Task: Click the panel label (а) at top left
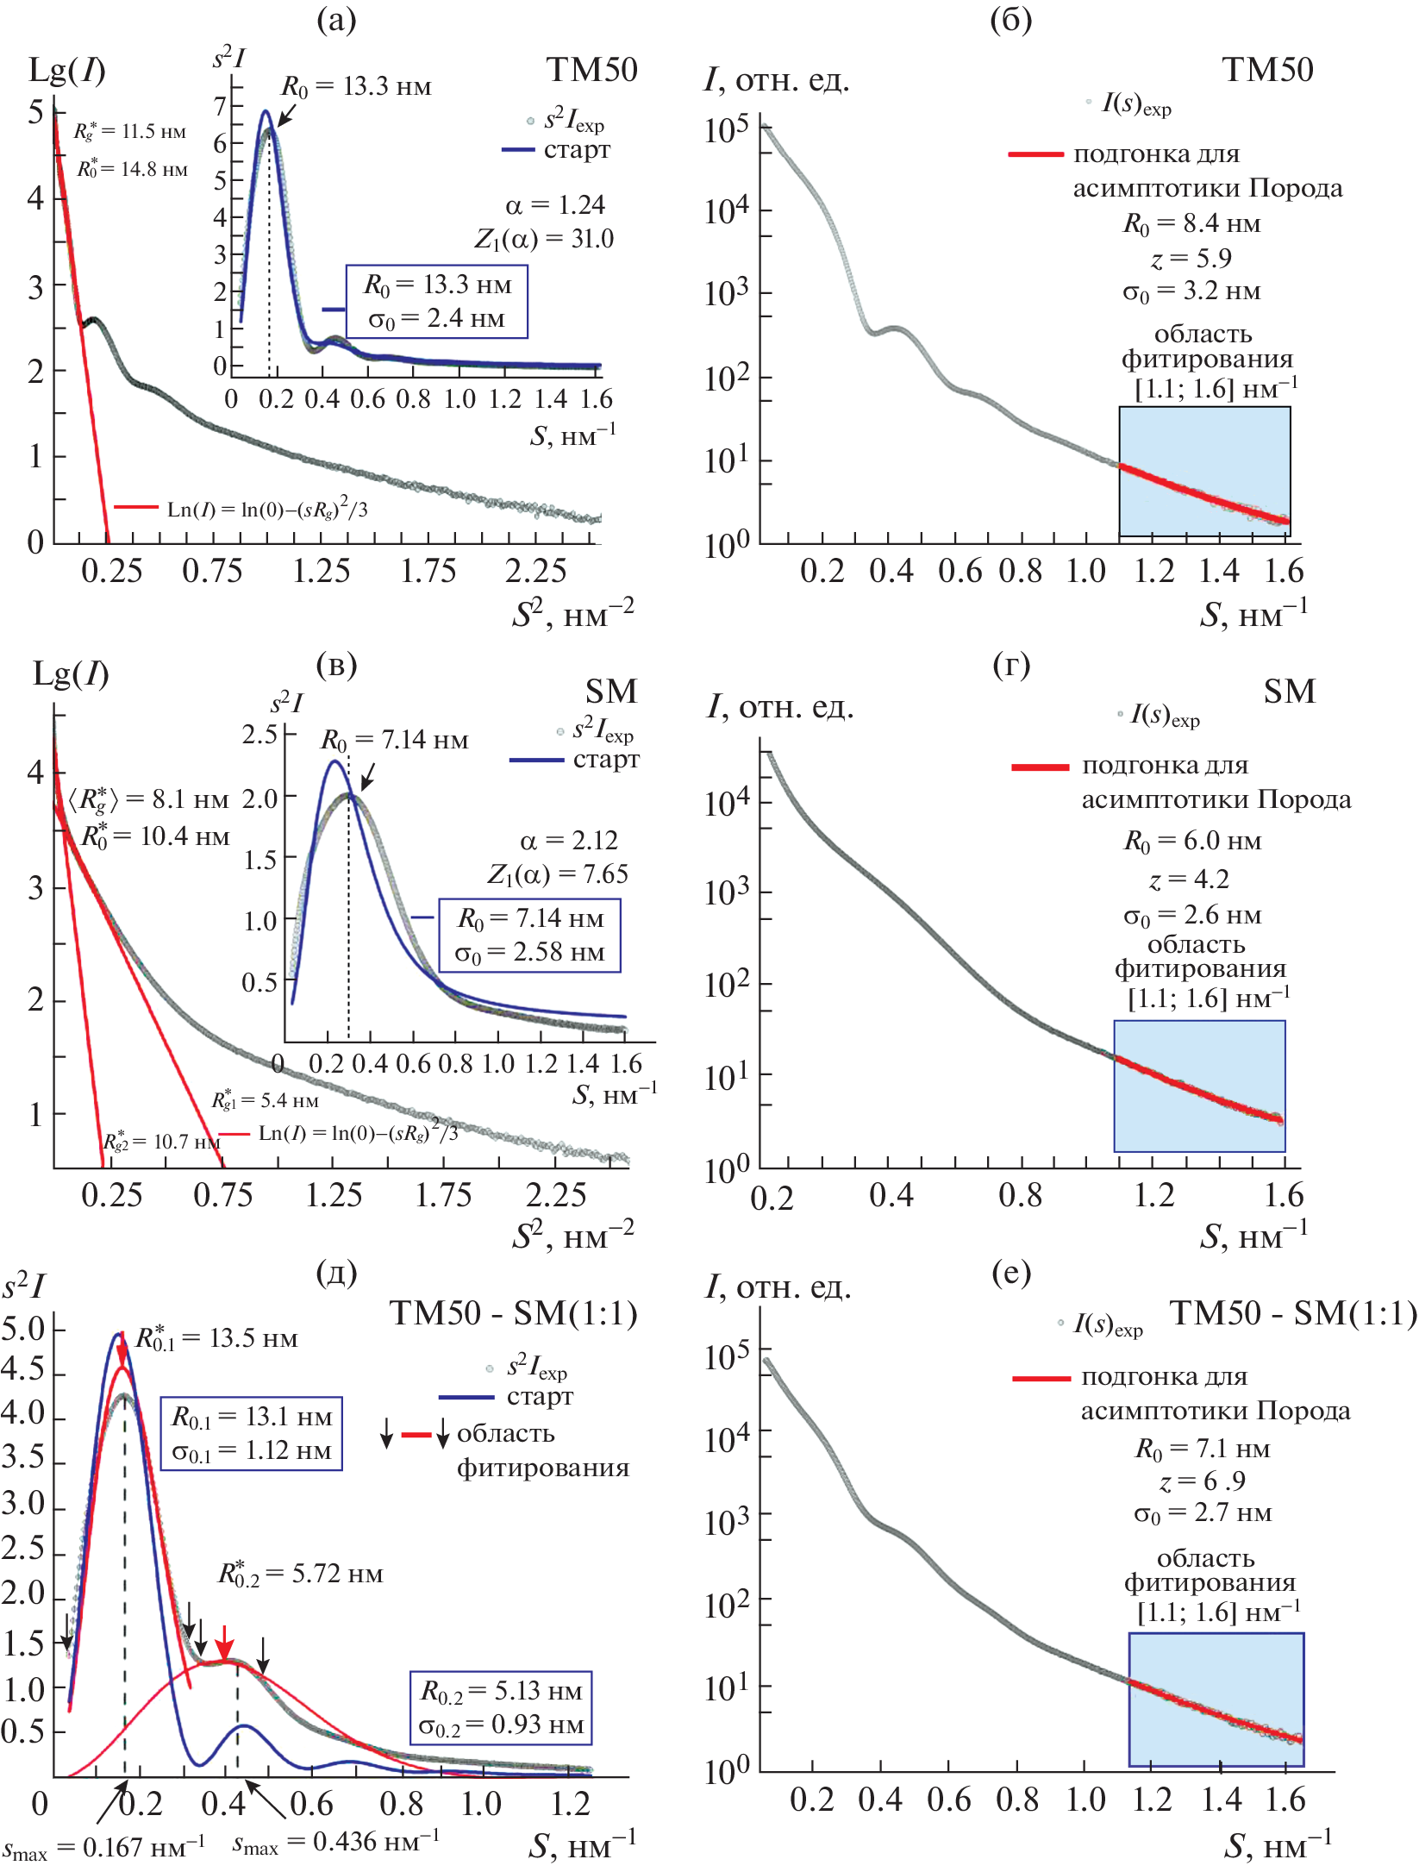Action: [336, 20]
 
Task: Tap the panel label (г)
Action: [1011, 664]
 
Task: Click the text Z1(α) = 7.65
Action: [557, 874]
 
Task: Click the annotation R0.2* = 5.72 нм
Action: [300, 1574]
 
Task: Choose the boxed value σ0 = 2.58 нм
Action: [530, 953]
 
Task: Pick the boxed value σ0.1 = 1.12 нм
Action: [252, 1451]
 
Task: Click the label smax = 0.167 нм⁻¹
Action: [103, 1847]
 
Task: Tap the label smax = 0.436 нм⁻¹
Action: [336, 1842]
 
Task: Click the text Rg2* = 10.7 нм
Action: [161, 1142]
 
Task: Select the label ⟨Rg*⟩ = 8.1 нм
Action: [148, 799]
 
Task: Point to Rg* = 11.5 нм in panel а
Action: [129, 132]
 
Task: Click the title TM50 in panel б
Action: [1267, 70]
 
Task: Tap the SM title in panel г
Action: [1290, 692]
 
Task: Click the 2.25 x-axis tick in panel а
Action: [535, 571]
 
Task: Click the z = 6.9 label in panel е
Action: [1203, 1481]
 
